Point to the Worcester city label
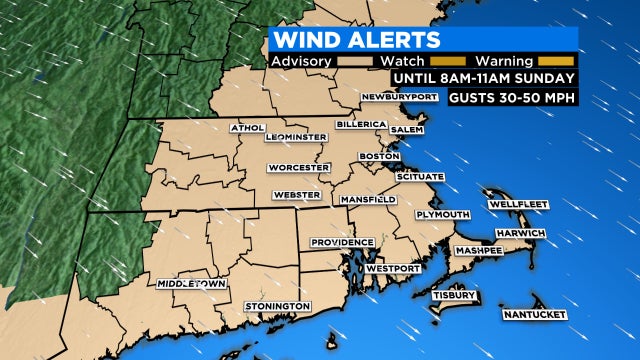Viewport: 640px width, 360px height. [x=298, y=168]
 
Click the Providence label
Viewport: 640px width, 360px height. [x=342, y=242]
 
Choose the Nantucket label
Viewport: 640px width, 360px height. [x=535, y=315]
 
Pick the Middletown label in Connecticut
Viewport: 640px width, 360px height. [x=190, y=284]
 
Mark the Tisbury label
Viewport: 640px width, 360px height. [x=446, y=296]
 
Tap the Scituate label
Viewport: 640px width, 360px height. [x=420, y=176]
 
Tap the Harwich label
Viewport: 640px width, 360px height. [x=521, y=233]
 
